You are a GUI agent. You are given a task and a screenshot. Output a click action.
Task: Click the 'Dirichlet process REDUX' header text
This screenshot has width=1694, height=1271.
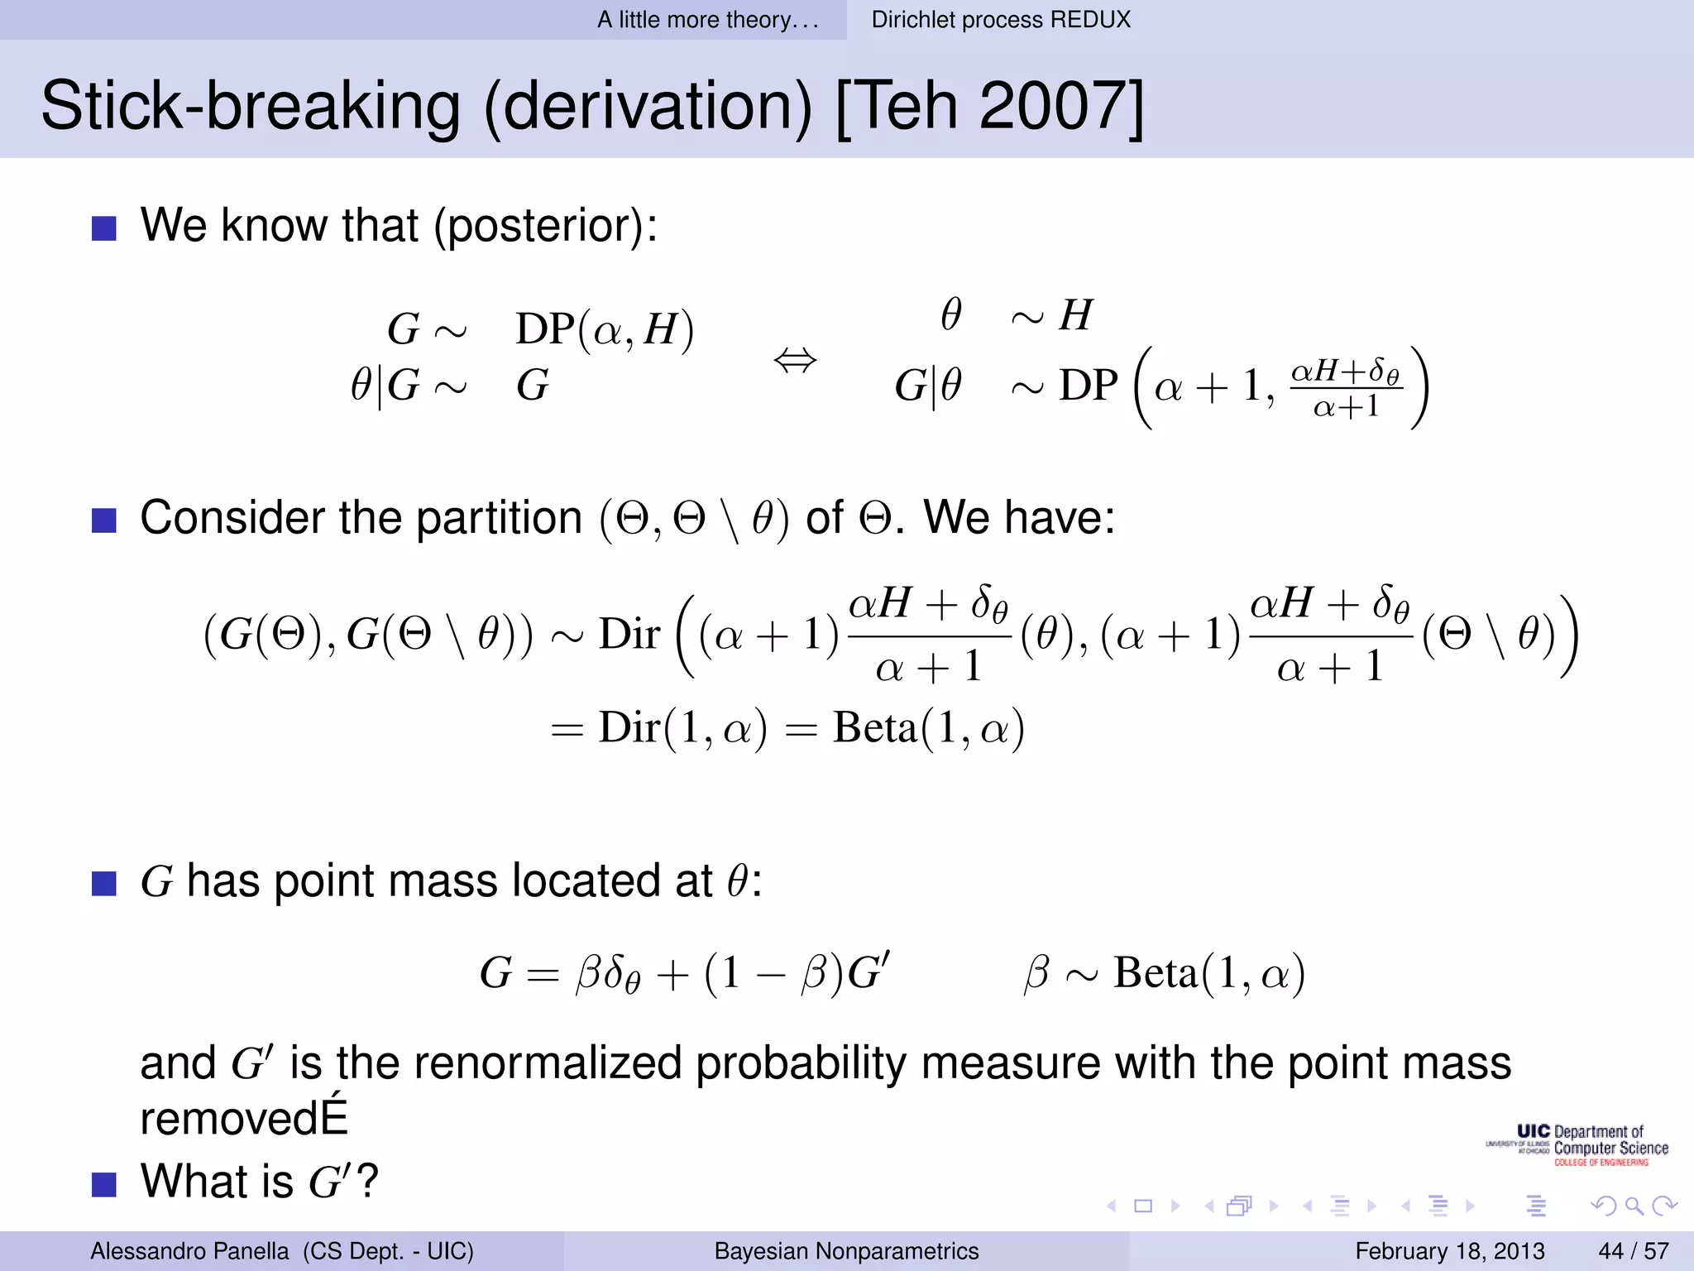click(1001, 20)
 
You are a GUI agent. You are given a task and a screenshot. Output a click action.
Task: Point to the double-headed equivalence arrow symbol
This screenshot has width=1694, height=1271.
click(795, 361)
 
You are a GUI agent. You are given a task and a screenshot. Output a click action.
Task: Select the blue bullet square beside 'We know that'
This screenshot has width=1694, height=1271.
click(104, 228)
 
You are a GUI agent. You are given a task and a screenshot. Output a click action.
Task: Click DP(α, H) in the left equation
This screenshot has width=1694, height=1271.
click(605, 329)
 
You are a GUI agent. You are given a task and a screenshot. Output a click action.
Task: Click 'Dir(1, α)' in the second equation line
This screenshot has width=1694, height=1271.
click(682, 728)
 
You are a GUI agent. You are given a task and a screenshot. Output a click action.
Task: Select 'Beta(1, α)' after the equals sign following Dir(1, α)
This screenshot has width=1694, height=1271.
click(928, 728)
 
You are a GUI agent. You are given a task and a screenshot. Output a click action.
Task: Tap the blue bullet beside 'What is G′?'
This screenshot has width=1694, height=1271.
click(104, 1184)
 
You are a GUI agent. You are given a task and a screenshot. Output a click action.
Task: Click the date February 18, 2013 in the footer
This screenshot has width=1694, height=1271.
click(1449, 1251)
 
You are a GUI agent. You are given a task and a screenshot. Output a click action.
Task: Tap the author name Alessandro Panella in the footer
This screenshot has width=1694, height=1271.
click(189, 1251)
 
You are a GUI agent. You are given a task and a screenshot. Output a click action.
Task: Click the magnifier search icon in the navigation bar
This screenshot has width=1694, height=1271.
click(1634, 1206)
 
